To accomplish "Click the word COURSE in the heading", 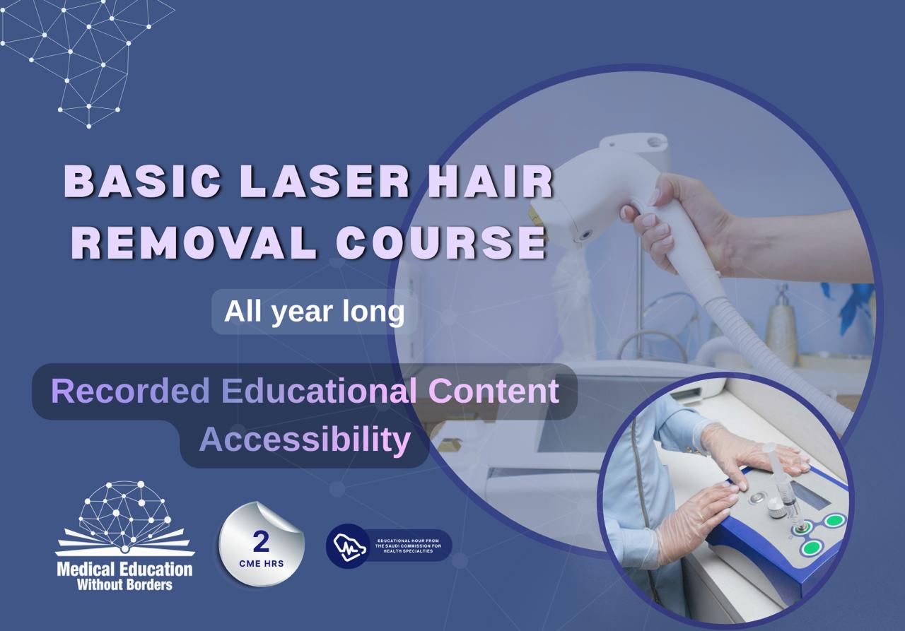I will click(441, 242).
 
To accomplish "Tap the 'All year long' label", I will click(314, 311).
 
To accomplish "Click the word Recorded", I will click(131, 391).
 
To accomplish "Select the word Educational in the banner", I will click(319, 391).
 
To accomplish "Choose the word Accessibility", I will click(305, 440).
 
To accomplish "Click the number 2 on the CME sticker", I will click(261, 542).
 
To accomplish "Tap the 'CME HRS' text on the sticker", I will click(261, 564).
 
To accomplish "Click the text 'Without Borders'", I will click(124, 584).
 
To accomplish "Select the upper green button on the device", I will click(835, 521).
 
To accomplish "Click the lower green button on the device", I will click(811, 547).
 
